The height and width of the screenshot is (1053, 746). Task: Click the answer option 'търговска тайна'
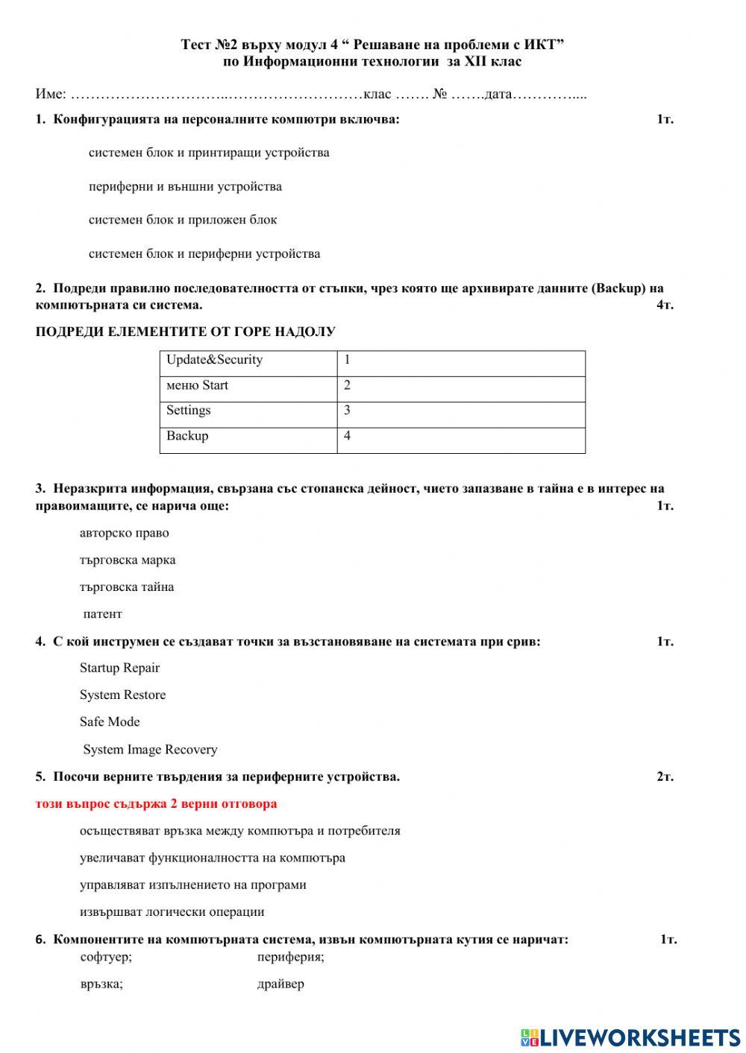127,587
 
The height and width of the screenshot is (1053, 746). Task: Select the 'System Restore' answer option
122,695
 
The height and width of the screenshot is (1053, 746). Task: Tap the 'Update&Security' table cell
215,360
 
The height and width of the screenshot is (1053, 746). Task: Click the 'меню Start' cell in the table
197,385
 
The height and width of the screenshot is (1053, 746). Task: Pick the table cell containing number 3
460,411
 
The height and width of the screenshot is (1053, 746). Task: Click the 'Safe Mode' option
110,722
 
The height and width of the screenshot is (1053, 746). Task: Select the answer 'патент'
102,614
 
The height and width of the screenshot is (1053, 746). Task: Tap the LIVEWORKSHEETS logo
630,1037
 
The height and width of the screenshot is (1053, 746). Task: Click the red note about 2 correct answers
156,804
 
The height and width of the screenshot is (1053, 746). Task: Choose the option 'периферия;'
290,957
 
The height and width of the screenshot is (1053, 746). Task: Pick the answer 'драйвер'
280,984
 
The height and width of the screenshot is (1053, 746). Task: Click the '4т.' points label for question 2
665,305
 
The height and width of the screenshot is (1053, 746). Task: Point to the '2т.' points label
665,777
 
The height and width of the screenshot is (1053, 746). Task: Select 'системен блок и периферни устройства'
204,254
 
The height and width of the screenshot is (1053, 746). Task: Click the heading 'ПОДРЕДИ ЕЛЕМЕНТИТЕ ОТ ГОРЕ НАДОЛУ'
185,332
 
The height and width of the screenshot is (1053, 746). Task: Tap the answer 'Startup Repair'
119,668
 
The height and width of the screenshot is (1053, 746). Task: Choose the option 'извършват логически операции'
172,912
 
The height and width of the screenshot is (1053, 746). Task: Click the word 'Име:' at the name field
51,95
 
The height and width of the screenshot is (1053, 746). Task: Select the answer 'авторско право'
124,534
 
